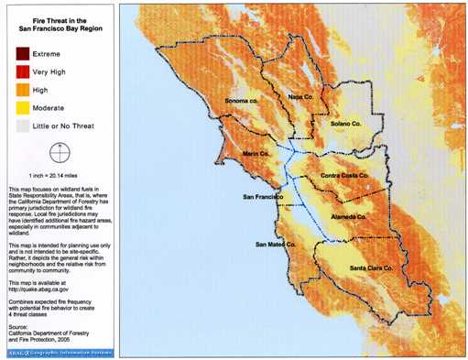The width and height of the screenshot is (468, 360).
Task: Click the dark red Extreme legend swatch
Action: tap(20, 54)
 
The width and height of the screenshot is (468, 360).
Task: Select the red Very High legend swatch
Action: tap(20, 71)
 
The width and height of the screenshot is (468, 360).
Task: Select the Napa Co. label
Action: tap(302, 95)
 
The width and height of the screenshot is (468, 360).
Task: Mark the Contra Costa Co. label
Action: tap(344, 174)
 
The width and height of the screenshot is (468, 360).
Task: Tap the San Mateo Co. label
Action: tap(277, 245)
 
